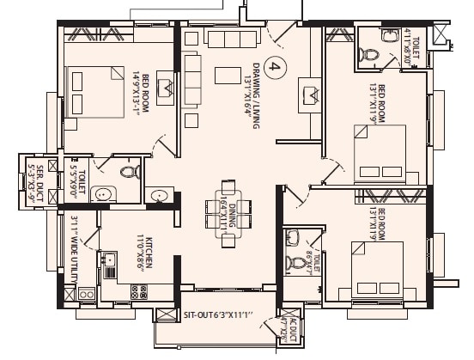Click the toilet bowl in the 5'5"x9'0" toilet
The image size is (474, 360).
pos(129,173)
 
